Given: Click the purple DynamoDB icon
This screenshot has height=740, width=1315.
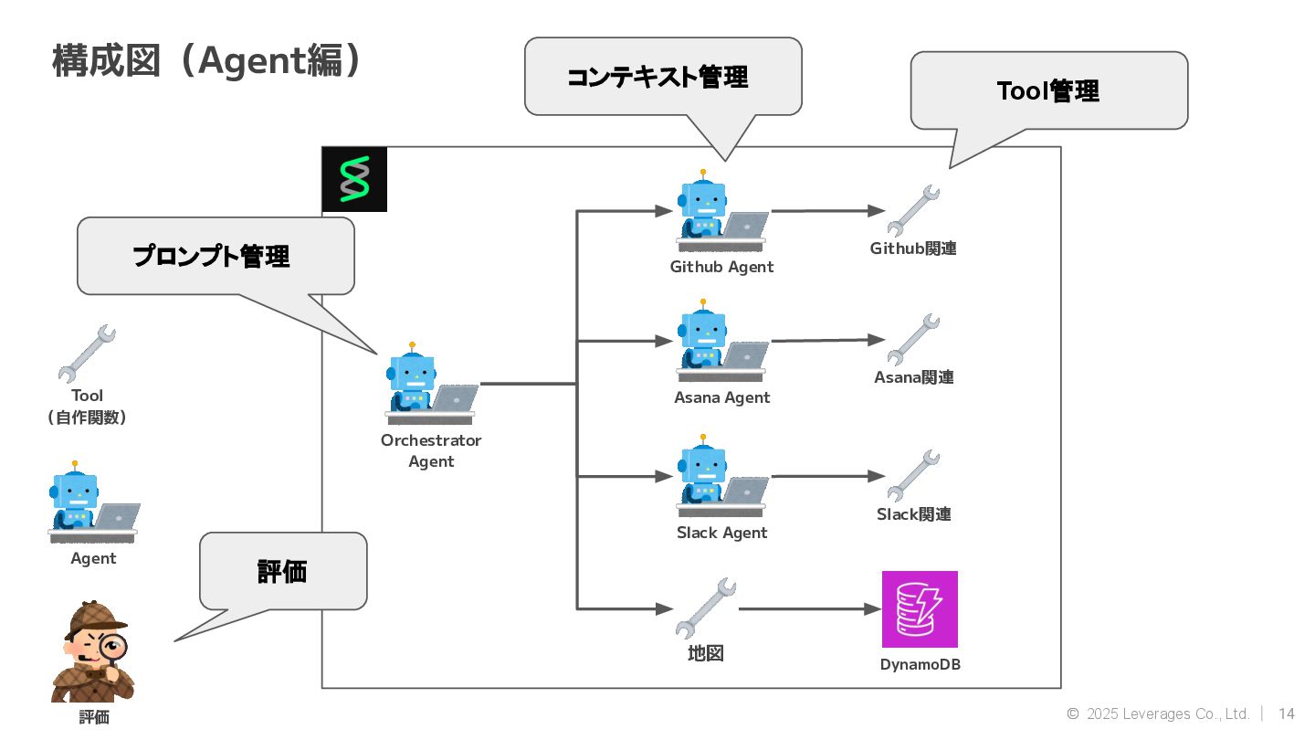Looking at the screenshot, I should coord(920,609).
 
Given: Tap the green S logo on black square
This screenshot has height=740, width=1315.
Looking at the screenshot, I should coord(354,179).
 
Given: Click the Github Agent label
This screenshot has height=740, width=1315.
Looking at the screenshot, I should coord(721,267).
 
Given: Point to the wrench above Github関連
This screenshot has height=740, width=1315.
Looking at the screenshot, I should coord(913,210).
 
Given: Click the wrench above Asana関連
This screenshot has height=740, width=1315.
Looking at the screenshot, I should coord(913,339).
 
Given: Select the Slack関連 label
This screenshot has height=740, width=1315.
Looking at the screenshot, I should coord(914,514).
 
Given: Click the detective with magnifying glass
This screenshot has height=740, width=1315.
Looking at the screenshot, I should coord(93,651).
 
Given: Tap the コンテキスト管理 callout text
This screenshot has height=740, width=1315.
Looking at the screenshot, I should coord(657,77).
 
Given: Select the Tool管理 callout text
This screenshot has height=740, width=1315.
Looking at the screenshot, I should coord(1047,90).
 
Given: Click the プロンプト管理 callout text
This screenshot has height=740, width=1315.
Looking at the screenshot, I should coord(212,256).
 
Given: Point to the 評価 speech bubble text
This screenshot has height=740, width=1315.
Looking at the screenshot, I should coord(282,572).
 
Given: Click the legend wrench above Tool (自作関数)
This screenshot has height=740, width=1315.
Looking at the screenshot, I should coord(87,353).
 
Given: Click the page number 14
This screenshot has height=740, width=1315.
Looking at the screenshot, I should coord(1286,714).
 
